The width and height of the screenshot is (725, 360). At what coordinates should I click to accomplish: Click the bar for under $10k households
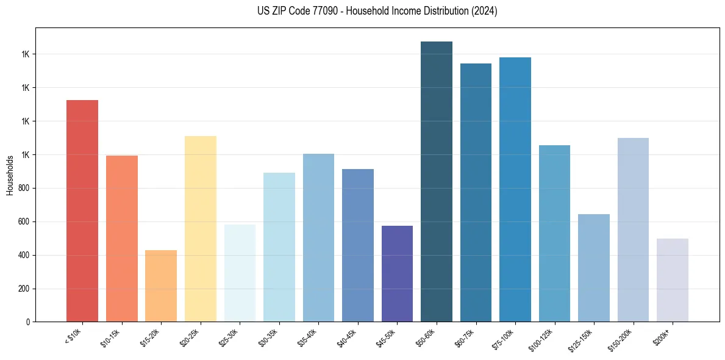(82, 211)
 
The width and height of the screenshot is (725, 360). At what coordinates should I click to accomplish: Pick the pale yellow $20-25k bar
(201, 229)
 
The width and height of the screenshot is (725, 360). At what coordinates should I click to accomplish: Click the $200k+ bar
(673, 280)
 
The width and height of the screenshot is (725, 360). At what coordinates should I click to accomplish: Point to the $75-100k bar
(515, 189)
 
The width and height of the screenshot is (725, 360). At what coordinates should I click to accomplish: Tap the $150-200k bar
(633, 229)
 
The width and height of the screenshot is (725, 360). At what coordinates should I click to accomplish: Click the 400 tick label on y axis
(25, 255)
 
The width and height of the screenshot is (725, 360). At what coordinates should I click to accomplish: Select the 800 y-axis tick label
(25, 188)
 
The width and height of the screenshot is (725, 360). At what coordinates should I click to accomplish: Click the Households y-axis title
(10, 175)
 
